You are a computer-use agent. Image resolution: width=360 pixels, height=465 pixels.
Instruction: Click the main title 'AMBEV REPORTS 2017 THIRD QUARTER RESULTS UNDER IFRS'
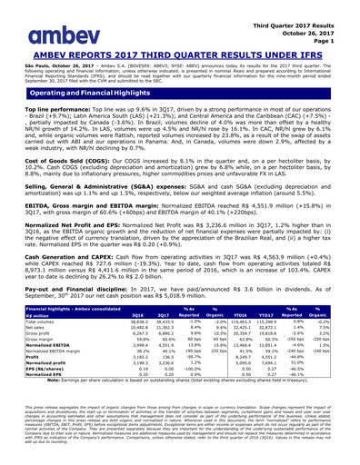pyautogui.click(x=180, y=48)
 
